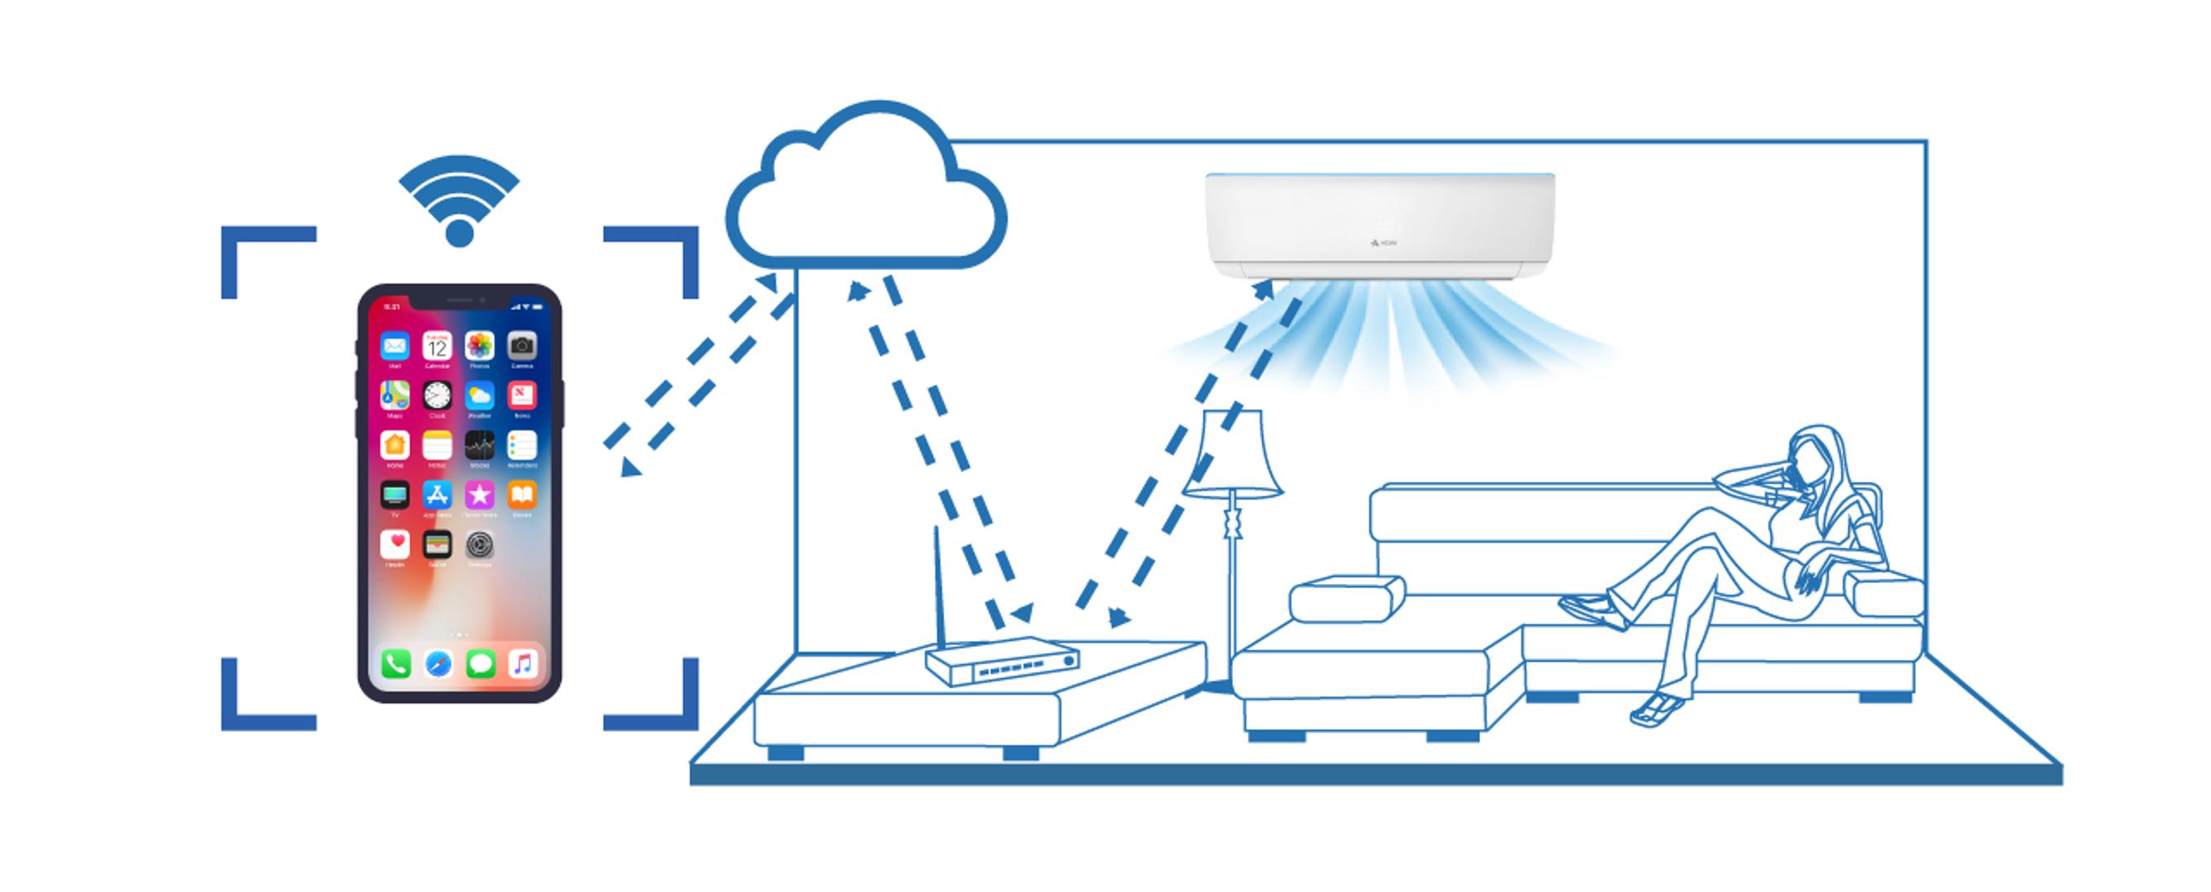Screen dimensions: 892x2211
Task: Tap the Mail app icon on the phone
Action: pos(395,346)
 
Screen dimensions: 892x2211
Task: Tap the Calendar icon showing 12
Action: pos(437,346)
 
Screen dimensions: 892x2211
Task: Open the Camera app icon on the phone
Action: pos(522,346)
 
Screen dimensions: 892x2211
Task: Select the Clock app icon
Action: pos(437,396)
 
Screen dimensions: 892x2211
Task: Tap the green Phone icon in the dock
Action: pos(396,664)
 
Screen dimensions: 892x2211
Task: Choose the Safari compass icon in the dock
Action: pos(438,664)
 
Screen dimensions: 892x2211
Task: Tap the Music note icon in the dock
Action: pos(523,664)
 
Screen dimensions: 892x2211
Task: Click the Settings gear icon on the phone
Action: pos(480,544)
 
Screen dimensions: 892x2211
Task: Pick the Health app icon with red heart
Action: pos(395,544)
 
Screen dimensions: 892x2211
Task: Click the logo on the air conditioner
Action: pos(1383,244)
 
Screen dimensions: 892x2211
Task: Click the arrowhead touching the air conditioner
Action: pos(1264,288)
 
